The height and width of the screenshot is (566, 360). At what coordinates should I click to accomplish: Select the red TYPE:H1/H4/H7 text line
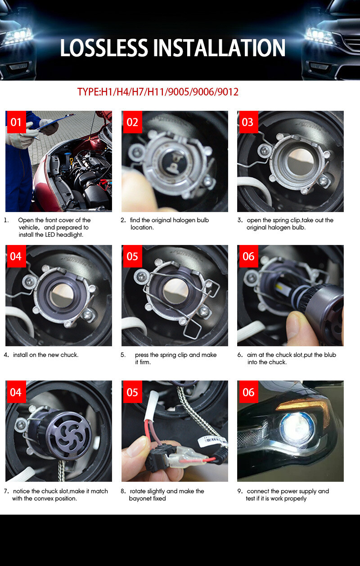coord(157,92)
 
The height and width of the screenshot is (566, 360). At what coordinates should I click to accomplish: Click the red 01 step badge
coord(16,122)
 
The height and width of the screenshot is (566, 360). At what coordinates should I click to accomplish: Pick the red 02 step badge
coord(132,122)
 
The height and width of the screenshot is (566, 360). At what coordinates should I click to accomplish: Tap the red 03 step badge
coord(247,122)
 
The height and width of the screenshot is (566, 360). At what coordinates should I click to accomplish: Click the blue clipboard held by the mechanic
coord(54,122)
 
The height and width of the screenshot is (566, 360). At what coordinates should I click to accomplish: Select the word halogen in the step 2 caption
coord(184,220)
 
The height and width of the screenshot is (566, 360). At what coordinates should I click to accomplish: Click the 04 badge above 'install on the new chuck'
coord(16,256)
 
